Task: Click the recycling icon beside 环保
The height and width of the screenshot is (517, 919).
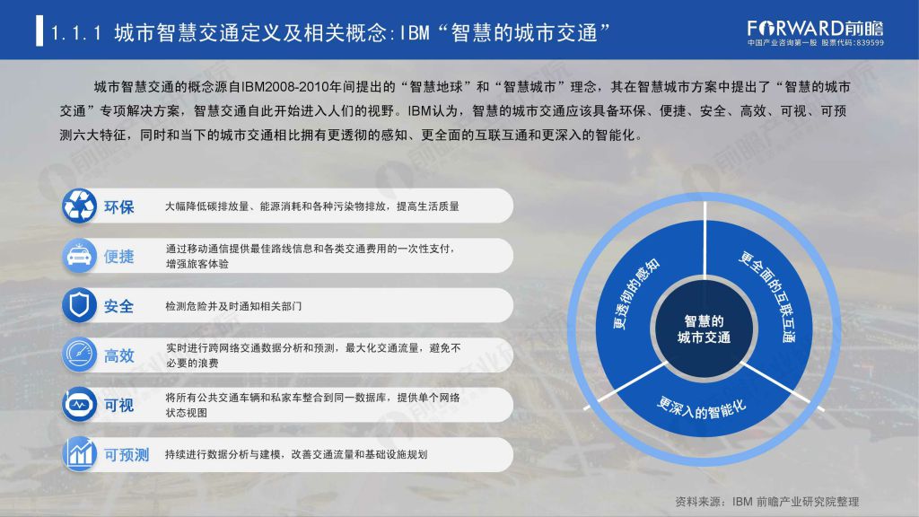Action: point(79,206)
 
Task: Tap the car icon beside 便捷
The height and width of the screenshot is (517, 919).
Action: point(79,256)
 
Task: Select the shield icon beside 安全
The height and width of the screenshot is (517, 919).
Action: point(79,305)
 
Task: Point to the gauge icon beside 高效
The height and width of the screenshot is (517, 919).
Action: point(79,355)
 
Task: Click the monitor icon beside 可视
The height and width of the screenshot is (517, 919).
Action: point(79,405)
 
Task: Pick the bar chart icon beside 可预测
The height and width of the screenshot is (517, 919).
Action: point(79,454)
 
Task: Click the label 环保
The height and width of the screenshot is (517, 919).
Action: point(119,207)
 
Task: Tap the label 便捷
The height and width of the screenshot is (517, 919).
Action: point(119,257)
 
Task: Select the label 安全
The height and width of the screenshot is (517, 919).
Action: point(119,307)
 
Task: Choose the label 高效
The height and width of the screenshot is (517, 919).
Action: point(119,355)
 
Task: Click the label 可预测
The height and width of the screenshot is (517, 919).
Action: point(127,455)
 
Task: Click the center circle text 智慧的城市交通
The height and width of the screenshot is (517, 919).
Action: point(704,329)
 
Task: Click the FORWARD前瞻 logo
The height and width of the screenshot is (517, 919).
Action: point(815,28)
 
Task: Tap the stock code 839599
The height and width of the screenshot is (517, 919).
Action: point(871,43)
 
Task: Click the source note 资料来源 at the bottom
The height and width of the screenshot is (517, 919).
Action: point(767,502)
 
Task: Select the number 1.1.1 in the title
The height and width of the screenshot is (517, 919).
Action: point(76,33)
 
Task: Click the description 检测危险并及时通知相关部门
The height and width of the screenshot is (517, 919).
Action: point(233,306)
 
